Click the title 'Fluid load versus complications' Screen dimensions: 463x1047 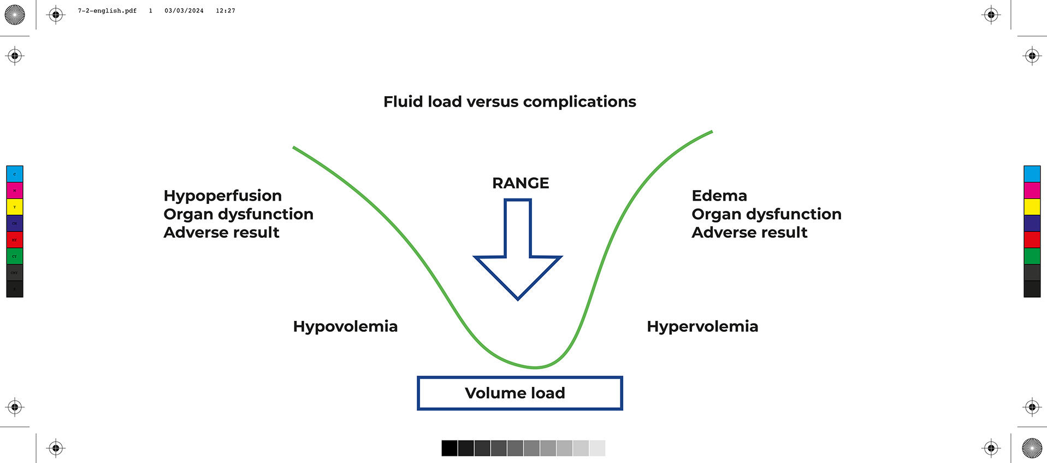(510, 102)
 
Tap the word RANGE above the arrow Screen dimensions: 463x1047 (520, 183)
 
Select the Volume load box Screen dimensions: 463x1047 (519, 393)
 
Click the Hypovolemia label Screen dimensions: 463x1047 (345, 326)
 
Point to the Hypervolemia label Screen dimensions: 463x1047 (702, 326)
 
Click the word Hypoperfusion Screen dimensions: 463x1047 (222, 196)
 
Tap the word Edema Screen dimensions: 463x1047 (719, 196)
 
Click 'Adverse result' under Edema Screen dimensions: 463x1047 (749, 232)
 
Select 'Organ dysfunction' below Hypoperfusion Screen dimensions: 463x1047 (238, 214)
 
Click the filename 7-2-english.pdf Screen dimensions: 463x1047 (107, 11)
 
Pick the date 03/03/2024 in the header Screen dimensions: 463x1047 (184, 11)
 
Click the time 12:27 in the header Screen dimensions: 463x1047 (225, 11)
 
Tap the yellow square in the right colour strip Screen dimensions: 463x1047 (1032, 207)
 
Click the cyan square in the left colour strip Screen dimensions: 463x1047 (15, 174)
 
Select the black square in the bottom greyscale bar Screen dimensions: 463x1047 (449, 448)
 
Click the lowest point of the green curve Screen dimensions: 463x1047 (535, 367)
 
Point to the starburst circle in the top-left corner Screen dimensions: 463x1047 (15, 15)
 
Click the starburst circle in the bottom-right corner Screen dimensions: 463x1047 (1032, 448)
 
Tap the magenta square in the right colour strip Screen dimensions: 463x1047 (1032, 190)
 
